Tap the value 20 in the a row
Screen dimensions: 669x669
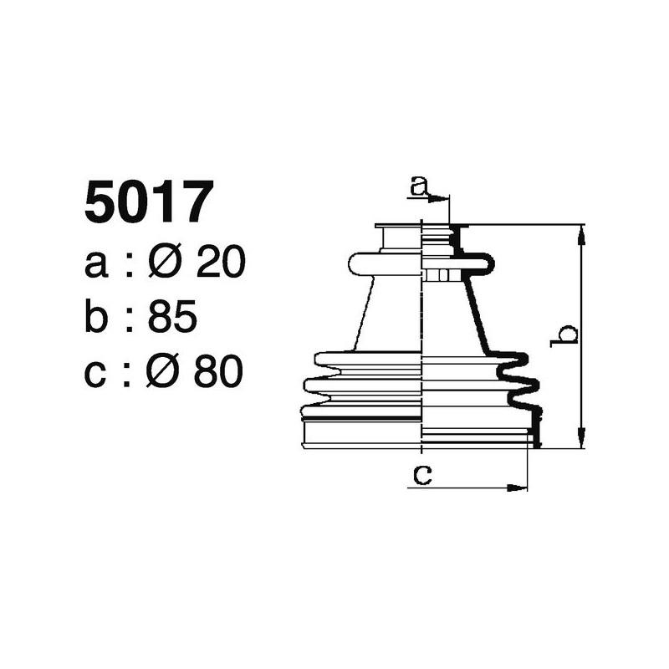tap(220, 263)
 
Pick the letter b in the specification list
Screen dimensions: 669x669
tap(97, 317)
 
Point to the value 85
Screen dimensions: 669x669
tap(172, 317)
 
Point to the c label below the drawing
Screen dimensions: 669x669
tap(423, 475)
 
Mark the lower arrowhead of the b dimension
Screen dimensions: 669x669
tap(581, 441)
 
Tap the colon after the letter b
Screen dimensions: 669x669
tap(130, 320)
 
